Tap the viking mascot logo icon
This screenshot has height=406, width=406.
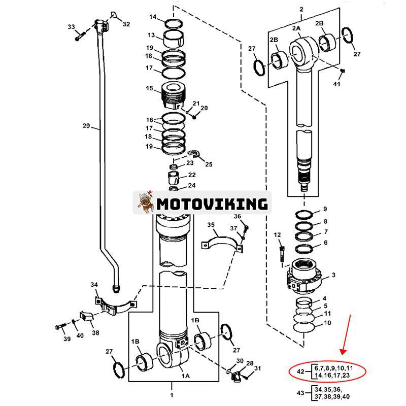(145, 204)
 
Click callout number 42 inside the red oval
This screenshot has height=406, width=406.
(300, 371)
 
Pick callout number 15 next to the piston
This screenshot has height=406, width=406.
(150, 88)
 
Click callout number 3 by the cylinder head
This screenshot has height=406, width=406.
(333, 275)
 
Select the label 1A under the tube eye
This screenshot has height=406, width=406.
(186, 376)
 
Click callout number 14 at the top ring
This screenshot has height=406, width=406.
(153, 17)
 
